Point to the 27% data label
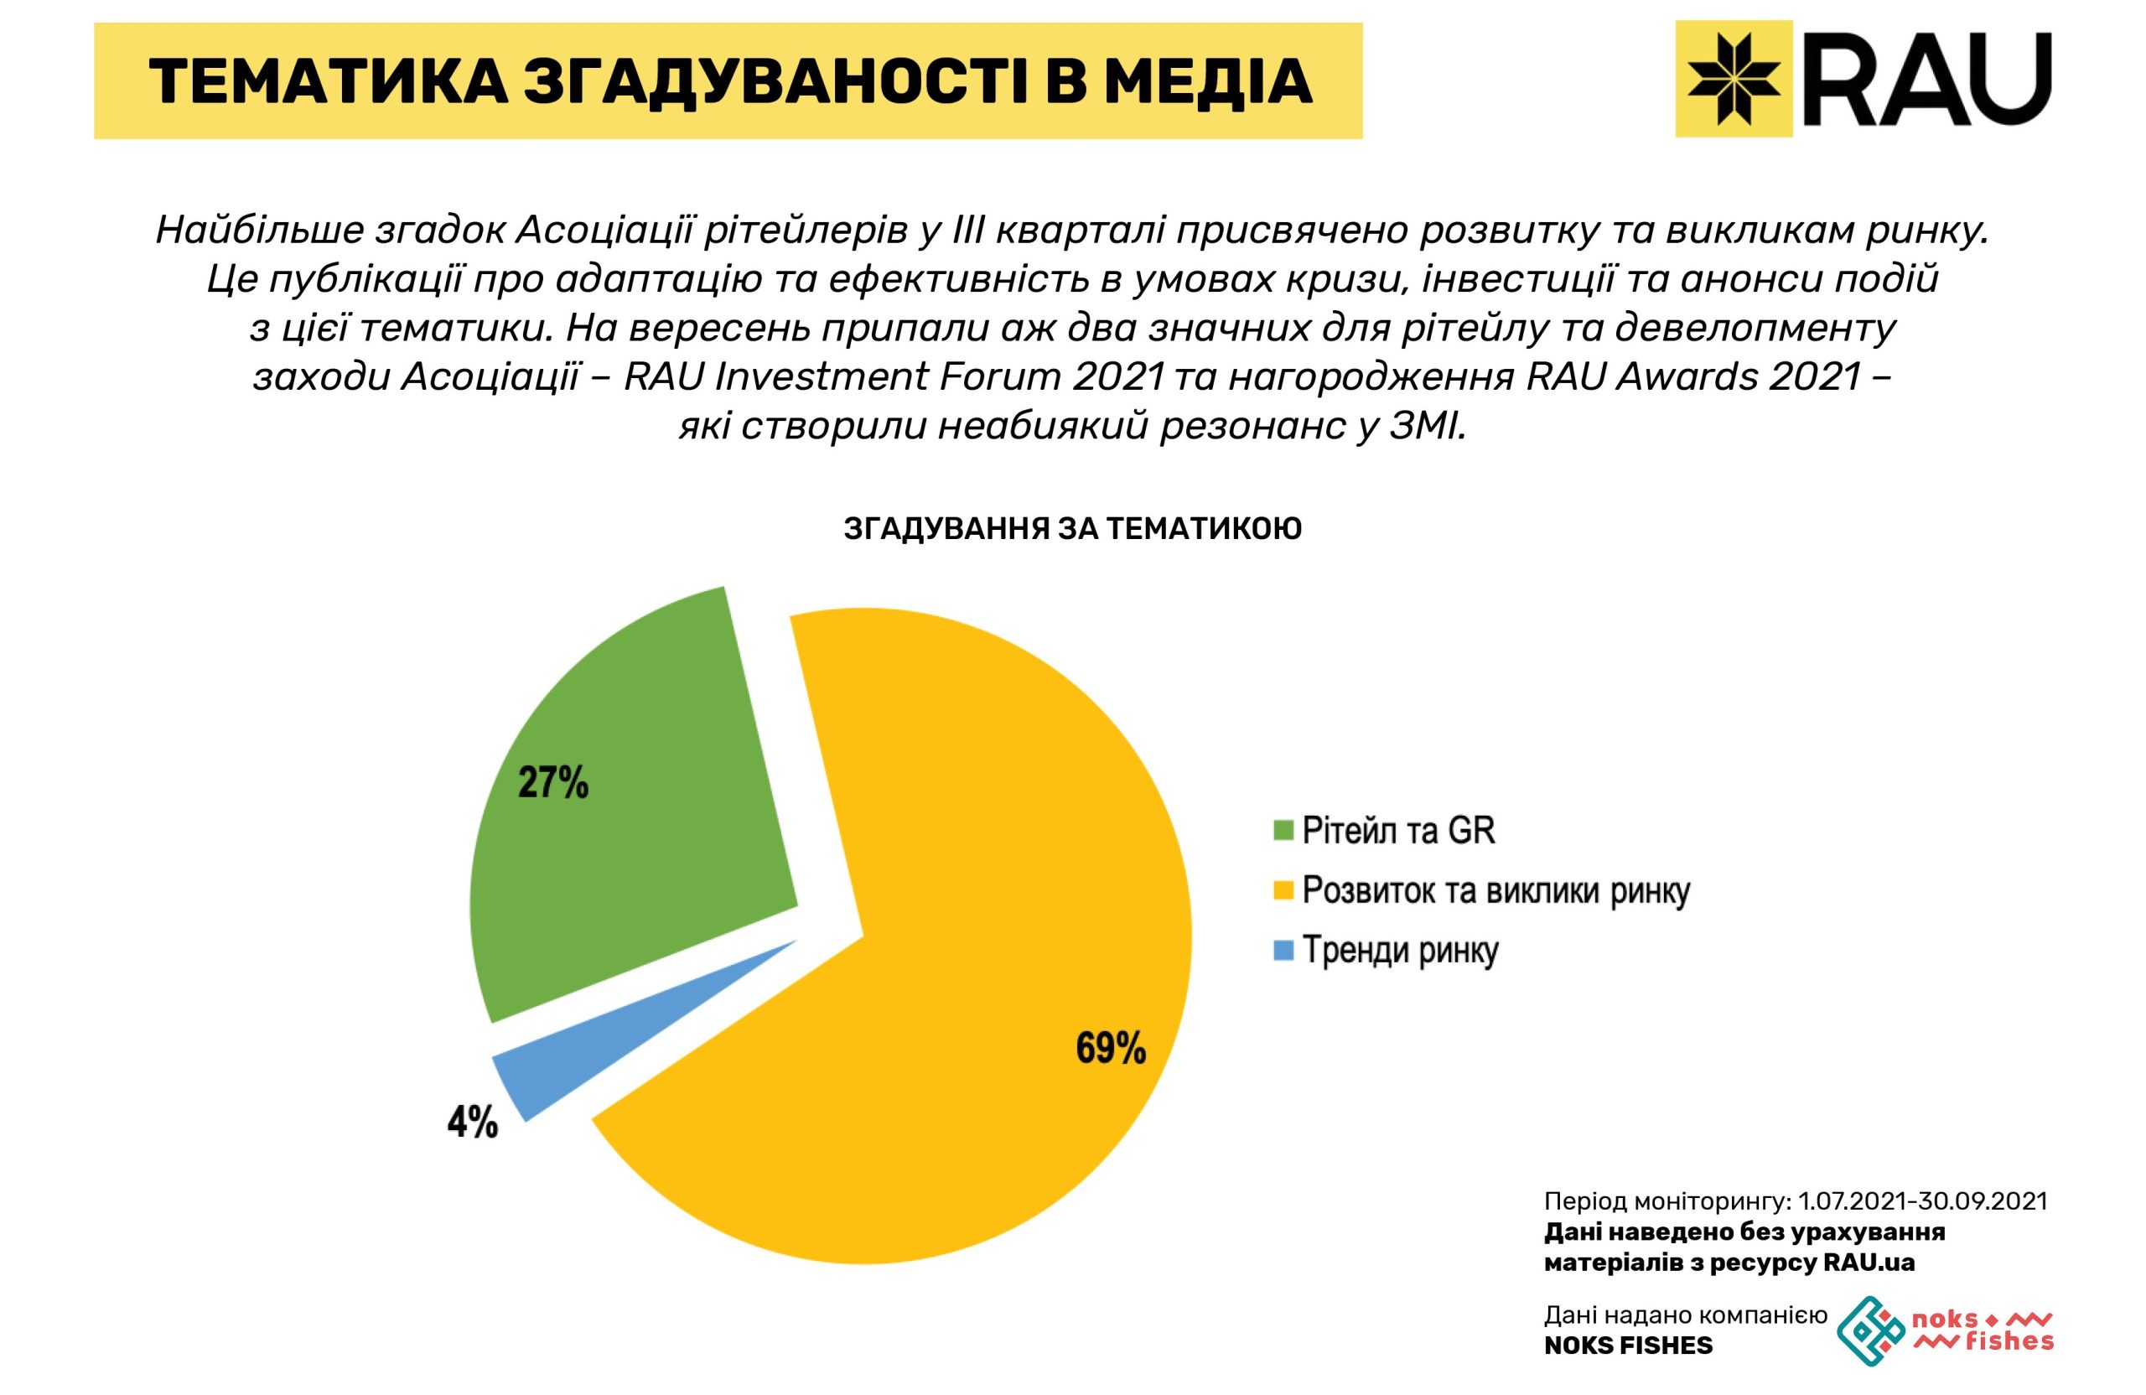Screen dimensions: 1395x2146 point(552,782)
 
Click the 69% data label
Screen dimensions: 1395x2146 point(1110,1049)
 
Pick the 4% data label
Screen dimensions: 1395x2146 point(473,1123)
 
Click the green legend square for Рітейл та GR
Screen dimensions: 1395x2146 point(1283,831)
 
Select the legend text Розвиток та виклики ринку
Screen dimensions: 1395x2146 point(1495,891)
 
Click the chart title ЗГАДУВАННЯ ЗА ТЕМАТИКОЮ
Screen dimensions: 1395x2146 point(1073,529)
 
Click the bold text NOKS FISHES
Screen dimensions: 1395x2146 point(1629,1346)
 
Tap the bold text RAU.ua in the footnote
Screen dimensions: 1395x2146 point(1869,1263)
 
